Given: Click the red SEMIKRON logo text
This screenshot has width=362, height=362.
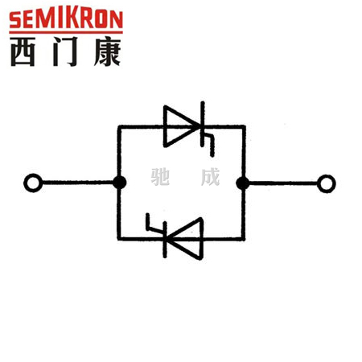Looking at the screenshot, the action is [x=66, y=19].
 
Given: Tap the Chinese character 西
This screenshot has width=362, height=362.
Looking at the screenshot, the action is [x=23, y=51].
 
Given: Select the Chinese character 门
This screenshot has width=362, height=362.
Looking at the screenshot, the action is [x=65, y=51].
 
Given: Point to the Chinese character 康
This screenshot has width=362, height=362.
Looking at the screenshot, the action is [x=107, y=51].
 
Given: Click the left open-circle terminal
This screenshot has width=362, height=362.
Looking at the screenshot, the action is [x=33, y=183].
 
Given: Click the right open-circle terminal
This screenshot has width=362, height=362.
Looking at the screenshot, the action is [x=326, y=183].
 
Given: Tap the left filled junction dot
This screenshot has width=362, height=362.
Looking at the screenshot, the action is [x=119, y=183].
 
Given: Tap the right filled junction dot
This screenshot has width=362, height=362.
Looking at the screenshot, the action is [x=243, y=183].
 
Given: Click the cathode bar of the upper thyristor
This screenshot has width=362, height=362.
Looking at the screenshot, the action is [x=203, y=124].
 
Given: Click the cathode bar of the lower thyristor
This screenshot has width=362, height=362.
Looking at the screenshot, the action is [x=165, y=240].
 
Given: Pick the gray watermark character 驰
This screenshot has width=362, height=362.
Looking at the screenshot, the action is [x=160, y=177].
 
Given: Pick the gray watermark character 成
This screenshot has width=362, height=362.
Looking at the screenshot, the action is [x=210, y=177].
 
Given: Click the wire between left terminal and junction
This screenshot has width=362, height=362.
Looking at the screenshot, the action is [x=78, y=183].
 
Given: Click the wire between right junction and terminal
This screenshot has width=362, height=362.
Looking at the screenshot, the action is [x=283, y=183].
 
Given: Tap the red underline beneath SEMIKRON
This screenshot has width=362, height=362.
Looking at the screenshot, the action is [x=66, y=32].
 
